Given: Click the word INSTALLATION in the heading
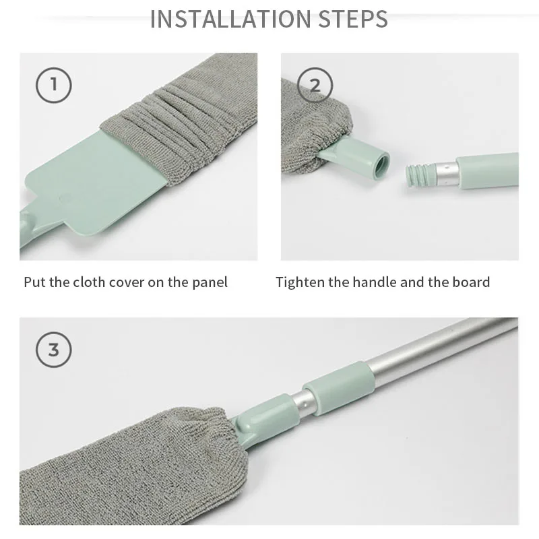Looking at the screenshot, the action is [230, 19].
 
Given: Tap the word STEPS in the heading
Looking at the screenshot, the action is [353, 19].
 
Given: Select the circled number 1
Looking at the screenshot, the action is [54, 85].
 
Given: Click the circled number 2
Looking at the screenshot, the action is [315, 85].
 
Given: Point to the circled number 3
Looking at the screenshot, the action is [54, 350].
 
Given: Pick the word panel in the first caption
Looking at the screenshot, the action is [210, 283].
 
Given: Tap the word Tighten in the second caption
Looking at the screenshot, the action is [300, 283].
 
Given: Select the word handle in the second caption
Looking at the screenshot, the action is [375, 282].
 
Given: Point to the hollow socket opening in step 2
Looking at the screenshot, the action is [381, 166].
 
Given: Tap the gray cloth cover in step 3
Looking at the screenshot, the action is [134, 468].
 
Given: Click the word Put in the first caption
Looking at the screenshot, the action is [34, 282].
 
